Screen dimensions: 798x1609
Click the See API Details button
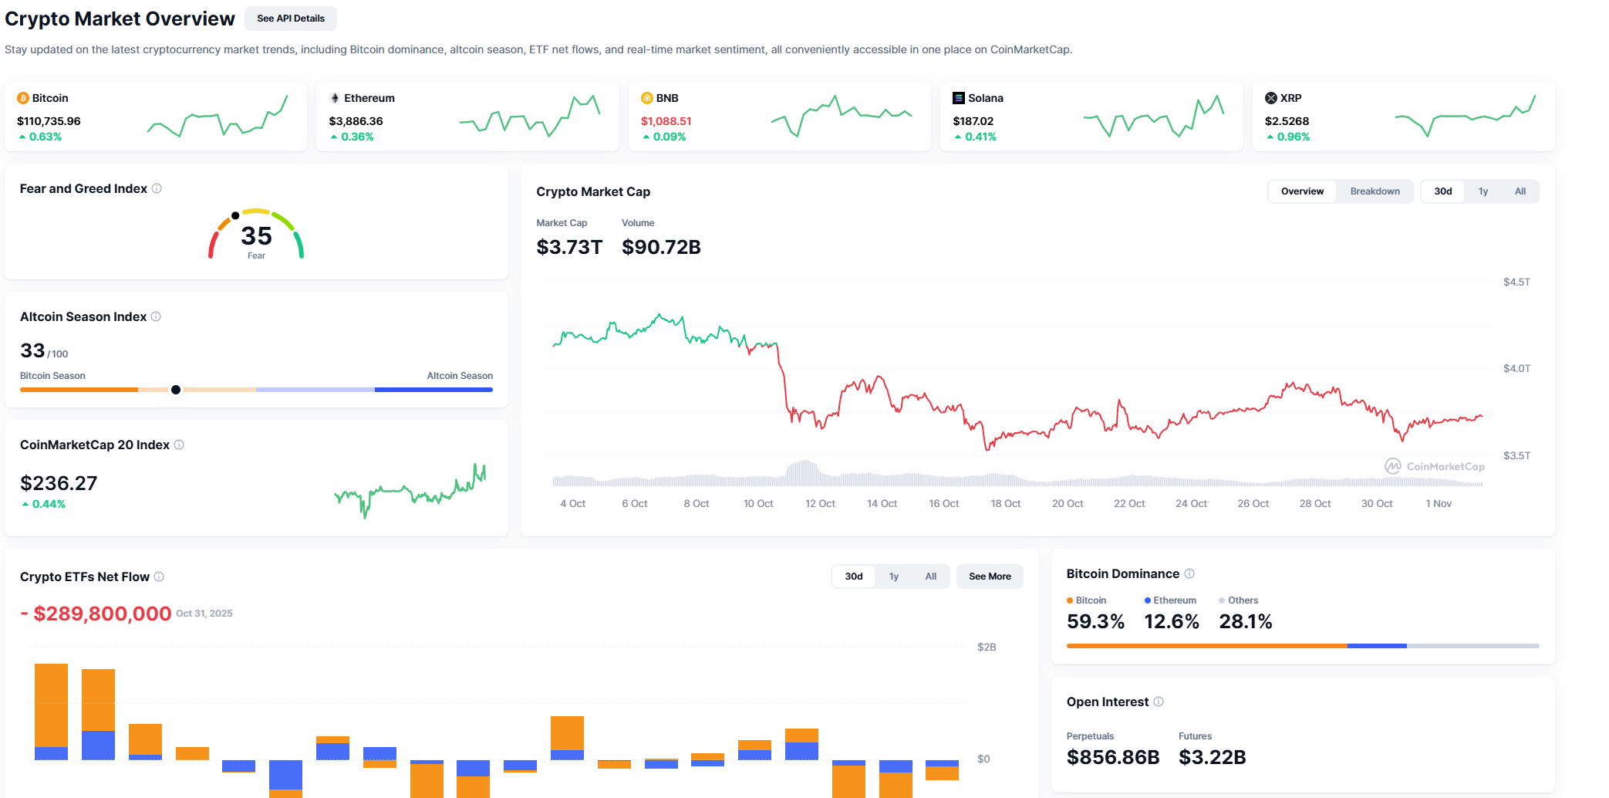coord(290,19)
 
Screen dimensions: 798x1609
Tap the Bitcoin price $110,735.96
coord(49,121)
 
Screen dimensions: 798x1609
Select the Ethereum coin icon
coord(335,98)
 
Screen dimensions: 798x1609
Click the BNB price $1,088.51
coord(666,121)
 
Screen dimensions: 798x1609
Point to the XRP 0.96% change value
coord(1293,137)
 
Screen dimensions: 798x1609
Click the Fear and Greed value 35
coord(256,235)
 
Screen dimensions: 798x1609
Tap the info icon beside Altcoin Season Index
coord(156,316)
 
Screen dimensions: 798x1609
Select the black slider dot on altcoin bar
coord(176,390)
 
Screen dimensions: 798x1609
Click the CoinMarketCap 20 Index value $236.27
coord(59,483)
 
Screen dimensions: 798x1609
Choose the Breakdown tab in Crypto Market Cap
coord(1375,191)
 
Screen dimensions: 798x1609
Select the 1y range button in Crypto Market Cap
coord(1483,191)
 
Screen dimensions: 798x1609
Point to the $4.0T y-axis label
coord(1516,369)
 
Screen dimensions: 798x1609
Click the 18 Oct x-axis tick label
coord(1005,504)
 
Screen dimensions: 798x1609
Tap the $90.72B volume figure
coord(661,247)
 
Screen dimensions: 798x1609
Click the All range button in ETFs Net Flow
coord(930,577)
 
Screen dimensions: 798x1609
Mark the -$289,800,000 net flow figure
coord(96,614)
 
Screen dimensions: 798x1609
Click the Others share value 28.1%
coord(1245,621)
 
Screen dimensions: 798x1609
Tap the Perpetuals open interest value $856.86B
coord(1112,757)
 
